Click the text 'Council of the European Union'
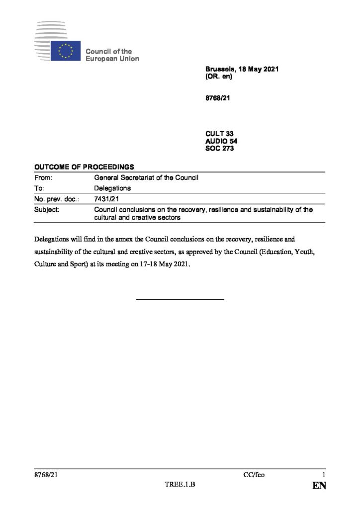coord(112,55)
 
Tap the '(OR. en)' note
coord(219,78)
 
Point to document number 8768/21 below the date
coord(217,98)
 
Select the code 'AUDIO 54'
coord(221,141)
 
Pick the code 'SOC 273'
coord(219,148)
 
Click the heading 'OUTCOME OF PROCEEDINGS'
coord(84,167)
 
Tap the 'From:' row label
coord(43,177)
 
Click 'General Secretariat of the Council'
coord(147,177)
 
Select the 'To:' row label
coord(40,188)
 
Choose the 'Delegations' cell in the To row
coord(112,188)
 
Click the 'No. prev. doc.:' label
coord(57,199)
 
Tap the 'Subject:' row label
coord(47,210)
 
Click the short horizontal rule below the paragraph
coord(180,299)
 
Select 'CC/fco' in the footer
coord(254,475)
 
